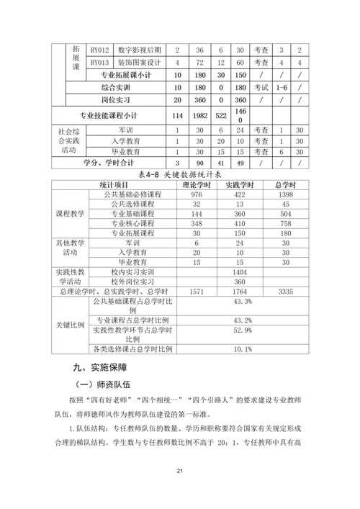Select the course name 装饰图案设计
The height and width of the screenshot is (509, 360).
[140, 63]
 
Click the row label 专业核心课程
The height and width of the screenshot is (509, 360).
[133, 224]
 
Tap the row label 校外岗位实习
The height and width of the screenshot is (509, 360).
[133, 282]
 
